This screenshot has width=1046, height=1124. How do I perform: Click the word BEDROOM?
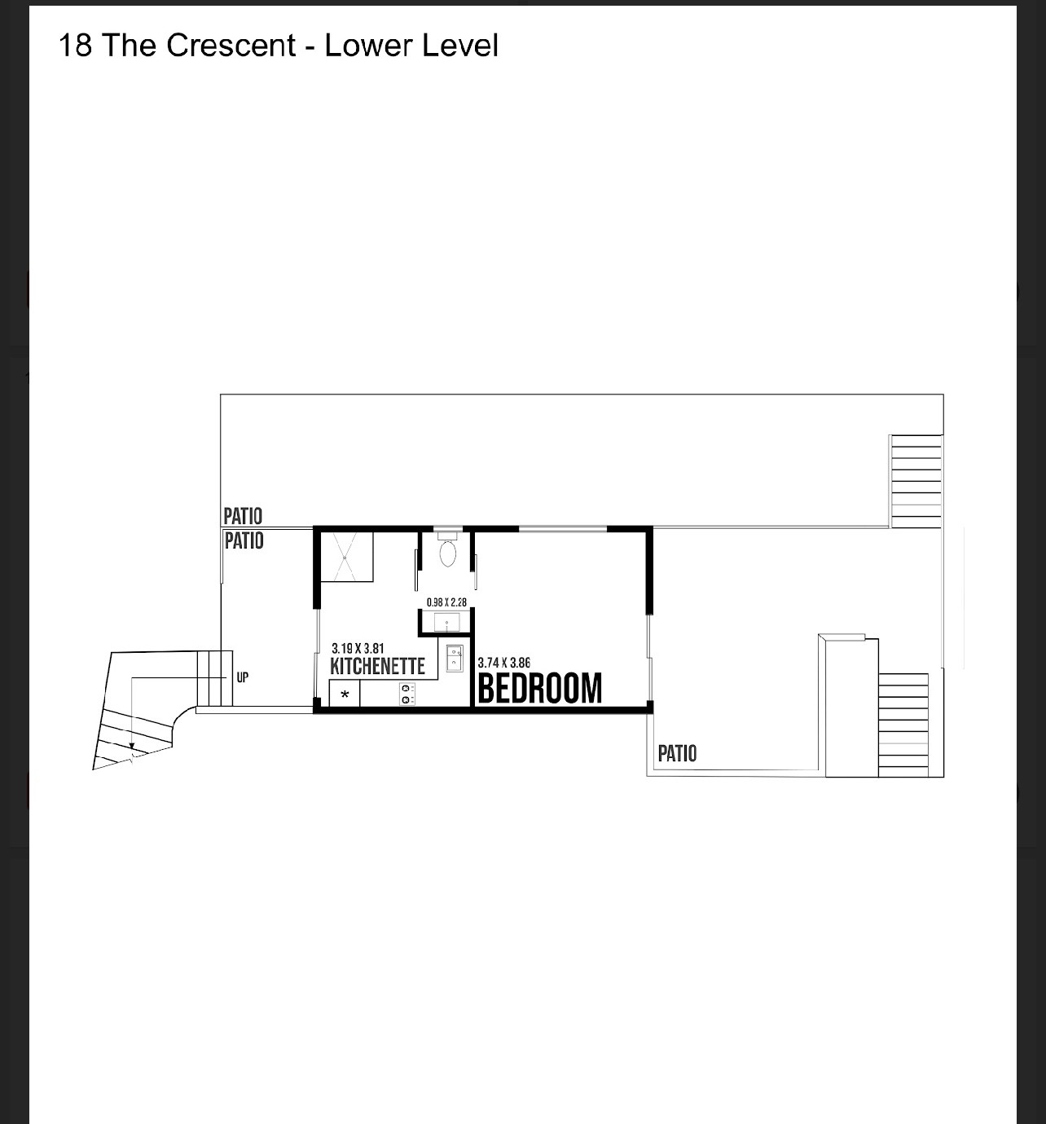click(539, 688)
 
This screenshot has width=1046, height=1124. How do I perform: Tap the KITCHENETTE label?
click(377, 666)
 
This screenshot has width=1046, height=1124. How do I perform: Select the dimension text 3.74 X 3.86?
click(503, 662)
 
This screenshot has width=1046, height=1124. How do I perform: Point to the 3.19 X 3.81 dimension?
click(358, 648)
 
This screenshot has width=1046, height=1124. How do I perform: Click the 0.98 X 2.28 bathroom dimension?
click(446, 602)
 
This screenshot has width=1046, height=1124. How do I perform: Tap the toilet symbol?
click(447, 550)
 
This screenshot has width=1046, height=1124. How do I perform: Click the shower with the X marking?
click(345, 557)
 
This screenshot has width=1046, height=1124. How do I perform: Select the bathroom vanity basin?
click(446, 623)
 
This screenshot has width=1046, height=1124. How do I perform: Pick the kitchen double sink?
click(455, 659)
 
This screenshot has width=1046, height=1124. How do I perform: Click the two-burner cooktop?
click(407, 694)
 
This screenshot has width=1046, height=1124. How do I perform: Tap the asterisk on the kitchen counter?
click(345, 694)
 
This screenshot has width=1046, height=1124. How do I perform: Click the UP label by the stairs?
click(242, 677)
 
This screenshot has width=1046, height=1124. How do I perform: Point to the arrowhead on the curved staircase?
click(132, 745)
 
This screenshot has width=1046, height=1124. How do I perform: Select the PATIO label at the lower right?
click(677, 753)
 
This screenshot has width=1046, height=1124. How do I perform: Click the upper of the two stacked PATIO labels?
click(243, 516)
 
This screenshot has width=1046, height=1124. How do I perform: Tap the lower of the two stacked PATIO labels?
click(244, 540)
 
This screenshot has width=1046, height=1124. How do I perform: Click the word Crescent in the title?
click(231, 46)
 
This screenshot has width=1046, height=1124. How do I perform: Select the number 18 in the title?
click(75, 46)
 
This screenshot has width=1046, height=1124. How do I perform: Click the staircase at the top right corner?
click(916, 481)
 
